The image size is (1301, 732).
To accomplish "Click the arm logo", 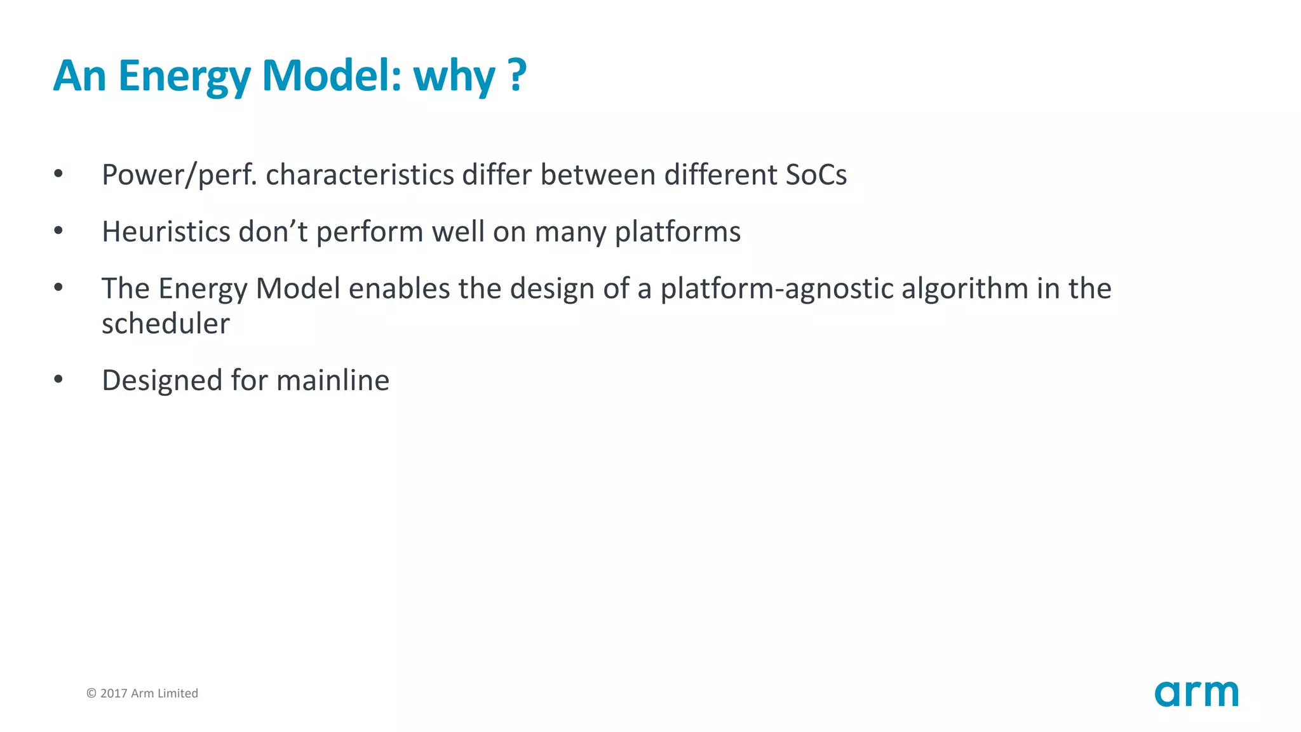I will pyautogui.click(x=1196, y=693).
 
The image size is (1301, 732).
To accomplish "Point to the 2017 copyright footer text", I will pyautogui.click(x=142, y=693).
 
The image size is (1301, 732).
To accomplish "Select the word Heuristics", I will pyautogui.click(x=166, y=232).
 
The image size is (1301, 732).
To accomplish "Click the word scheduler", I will pyautogui.click(x=165, y=324).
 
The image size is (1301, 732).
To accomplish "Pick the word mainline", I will pyautogui.click(x=333, y=381).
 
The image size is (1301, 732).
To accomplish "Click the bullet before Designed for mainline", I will pyautogui.click(x=58, y=380).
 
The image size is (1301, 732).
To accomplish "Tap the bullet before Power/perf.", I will pyautogui.click(x=58, y=174).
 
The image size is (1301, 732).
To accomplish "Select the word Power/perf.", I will pyautogui.click(x=179, y=175).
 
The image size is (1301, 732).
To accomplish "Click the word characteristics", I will pyautogui.click(x=360, y=175).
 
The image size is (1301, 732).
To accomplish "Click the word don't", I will pyautogui.click(x=273, y=232).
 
